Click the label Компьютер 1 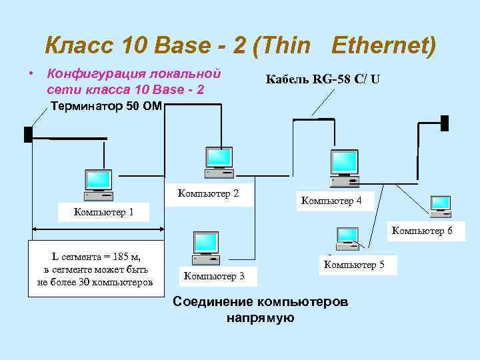104,213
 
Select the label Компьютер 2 209,194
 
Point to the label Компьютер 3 214,275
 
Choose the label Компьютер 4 331,200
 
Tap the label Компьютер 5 354,265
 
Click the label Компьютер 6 422,231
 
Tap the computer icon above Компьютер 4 345,167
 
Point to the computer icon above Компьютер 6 441,207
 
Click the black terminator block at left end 28,134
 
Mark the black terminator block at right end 445,123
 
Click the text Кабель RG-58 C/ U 323,79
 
